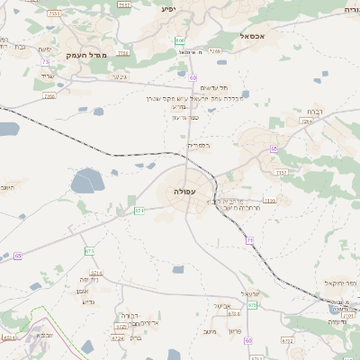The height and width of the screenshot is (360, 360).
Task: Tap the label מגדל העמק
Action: (x=85, y=56)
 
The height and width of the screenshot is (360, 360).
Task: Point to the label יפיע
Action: (x=167, y=9)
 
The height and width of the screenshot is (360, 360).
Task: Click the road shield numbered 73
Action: (x=45, y=61)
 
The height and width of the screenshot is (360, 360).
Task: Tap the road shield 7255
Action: (x=49, y=95)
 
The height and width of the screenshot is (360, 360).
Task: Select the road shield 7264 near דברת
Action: (x=307, y=121)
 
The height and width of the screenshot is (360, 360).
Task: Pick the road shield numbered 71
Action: (x=249, y=239)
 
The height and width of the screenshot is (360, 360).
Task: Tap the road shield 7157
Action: (x=281, y=172)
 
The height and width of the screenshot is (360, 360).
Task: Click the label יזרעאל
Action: (x=250, y=294)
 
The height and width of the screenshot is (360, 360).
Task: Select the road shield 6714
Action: (x=96, y=272)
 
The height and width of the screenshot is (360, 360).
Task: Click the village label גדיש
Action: (x=88, y=301)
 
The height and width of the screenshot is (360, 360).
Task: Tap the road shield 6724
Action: (x=118, y=339)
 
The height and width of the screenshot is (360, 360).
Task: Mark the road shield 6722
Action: (x=288, y=341)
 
